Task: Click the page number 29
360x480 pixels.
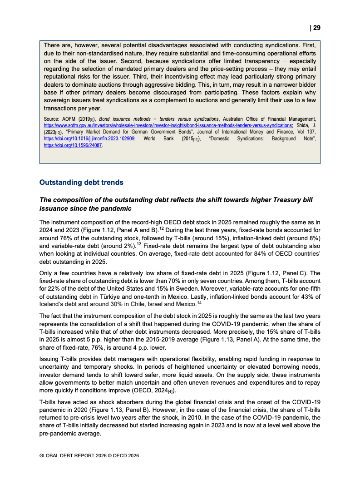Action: tap(316, 28)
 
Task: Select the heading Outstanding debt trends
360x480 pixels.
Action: tap(81, 183)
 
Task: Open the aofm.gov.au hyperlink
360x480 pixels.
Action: tap(168, 125)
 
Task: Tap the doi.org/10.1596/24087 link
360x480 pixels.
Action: tap(73, 146)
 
